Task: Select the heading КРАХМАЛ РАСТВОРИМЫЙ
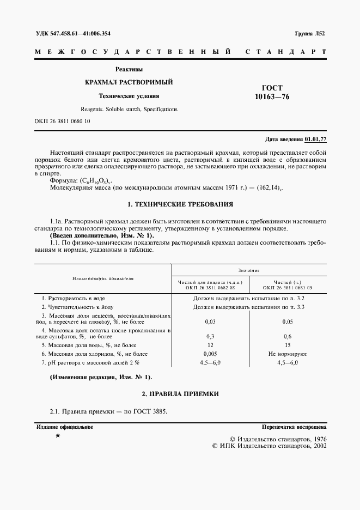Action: click(x=129, y=82)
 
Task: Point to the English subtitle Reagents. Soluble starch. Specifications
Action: click(x=129, y=109)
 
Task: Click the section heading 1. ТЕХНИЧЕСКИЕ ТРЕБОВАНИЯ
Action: click(x=180, y=204)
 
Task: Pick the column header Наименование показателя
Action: click(x=103, y=278)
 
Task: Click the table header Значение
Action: click(x=248, y=270)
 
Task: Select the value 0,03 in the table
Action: click(x=210, y=322)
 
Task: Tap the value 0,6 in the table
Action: click(x=288, y=336)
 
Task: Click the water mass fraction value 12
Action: click(x=210, y=345)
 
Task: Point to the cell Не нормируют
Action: click(x=288, y=354)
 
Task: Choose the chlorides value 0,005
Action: click(x=210, y=354)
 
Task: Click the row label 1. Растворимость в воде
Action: click(x=74, y=299)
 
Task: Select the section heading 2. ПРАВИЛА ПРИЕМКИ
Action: click(x=180, y=393)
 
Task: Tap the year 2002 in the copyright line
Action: click(x=317, y=446)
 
